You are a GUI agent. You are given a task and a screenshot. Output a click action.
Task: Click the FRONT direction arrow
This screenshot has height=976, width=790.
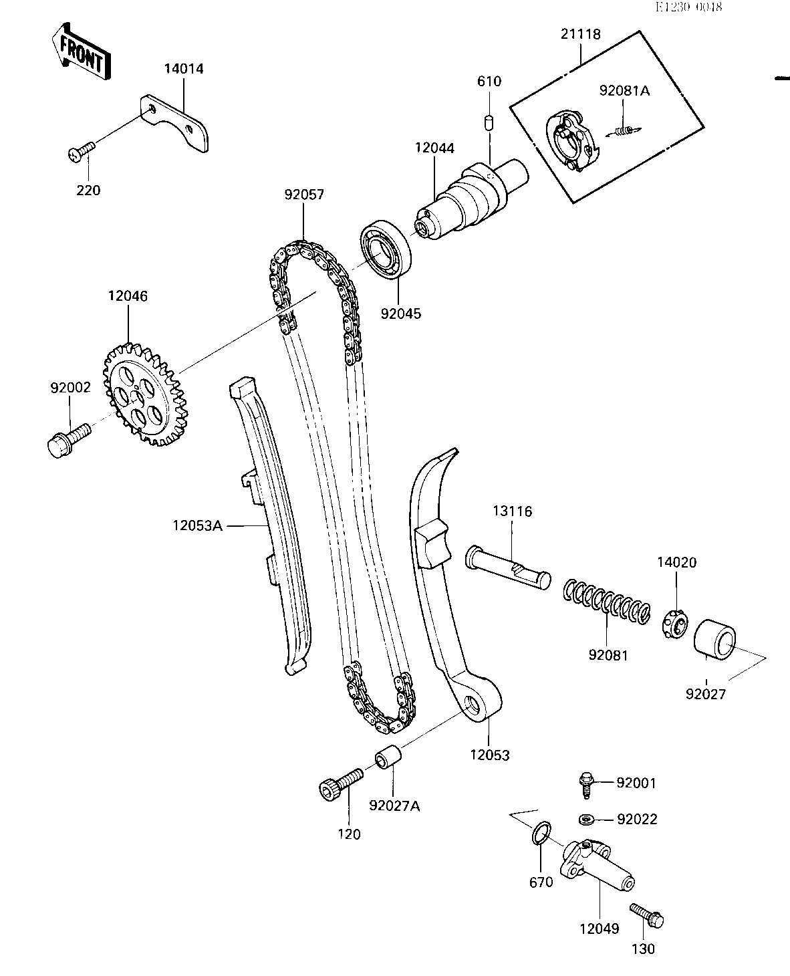82,52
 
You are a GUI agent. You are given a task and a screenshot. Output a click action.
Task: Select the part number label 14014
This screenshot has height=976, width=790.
184,69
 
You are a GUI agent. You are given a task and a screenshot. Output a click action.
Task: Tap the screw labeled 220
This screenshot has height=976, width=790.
81,151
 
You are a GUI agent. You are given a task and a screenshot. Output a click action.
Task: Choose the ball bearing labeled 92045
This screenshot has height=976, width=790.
386,249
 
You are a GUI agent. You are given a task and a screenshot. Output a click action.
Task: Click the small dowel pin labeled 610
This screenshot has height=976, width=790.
489,123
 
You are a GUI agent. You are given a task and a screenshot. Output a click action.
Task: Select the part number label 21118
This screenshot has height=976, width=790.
581,34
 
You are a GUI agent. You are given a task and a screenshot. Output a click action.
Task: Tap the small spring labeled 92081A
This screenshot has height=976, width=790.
624,131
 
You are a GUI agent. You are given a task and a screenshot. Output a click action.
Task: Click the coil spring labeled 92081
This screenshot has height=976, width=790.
607,601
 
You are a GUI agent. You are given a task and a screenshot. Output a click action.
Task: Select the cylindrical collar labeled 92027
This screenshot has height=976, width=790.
714,640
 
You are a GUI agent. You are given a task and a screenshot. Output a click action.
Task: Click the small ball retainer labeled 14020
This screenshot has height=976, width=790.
676,624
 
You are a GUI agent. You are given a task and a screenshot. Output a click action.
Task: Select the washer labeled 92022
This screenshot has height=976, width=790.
585,820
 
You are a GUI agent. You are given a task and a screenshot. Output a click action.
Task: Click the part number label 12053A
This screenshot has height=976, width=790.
197,525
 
